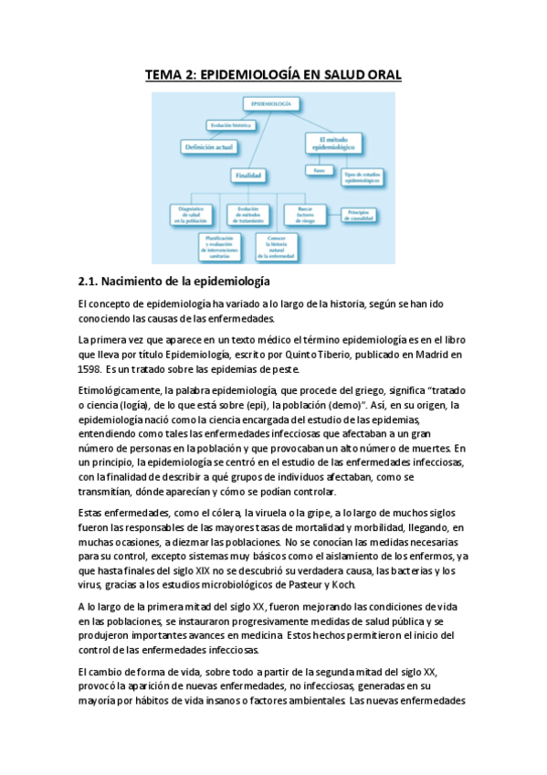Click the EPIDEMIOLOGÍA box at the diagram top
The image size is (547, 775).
(270, 105)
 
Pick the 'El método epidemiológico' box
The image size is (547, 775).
(331, 142)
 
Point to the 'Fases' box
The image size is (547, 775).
(319, 170)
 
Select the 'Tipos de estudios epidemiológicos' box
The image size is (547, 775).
(361, 173)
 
